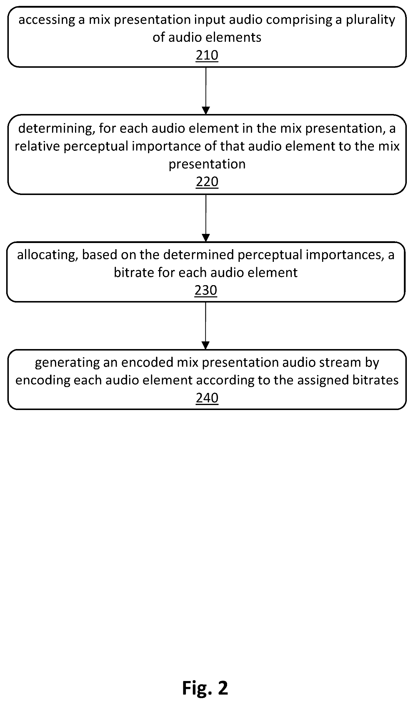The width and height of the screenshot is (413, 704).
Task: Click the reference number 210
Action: pos(207,55)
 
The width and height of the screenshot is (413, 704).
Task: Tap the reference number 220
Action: pos(207,182)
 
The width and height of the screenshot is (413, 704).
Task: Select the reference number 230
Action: pos(206,290)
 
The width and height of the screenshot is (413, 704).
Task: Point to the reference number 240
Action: pos(207,398)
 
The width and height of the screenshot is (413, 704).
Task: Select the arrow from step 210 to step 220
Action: pos(206,91)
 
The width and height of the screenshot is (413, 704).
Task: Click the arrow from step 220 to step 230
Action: pos(206,218)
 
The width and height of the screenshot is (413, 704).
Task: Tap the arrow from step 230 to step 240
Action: pos(206,326)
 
